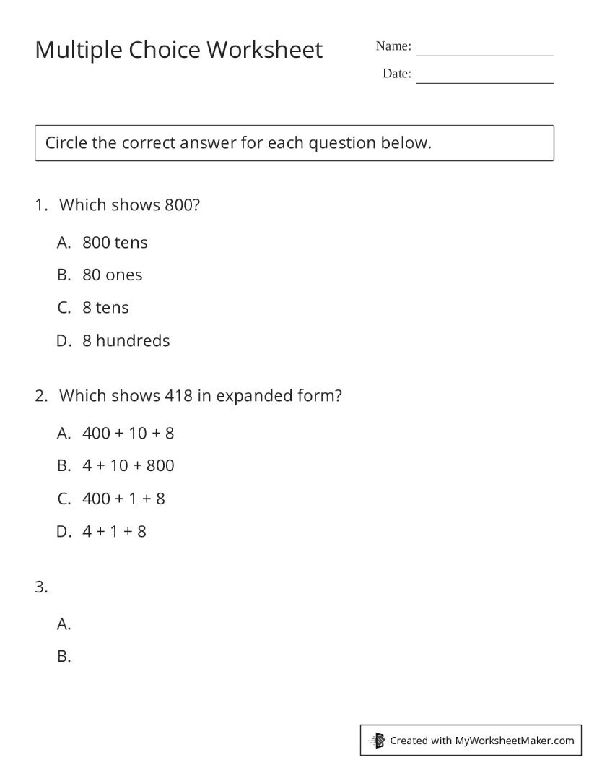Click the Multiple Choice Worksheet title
[x=179, y=50]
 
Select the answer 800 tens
[x=115, y=243]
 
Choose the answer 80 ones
[x=112, y=275]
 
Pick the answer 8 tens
[x=105, y=308]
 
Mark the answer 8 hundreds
[x=126, y=341]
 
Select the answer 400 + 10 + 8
[x=128, y=434]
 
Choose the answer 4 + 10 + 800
[x=128, y=466]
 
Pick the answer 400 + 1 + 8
[x=123, y=499]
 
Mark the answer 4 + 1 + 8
[x=114, y=532]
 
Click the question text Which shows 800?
[x=129, y=205]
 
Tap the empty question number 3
[x=41, y=587]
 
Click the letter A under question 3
[x=64, y=624]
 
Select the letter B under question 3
[x=64, y=657]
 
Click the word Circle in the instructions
[x=66, y=143]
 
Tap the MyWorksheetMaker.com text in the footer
[x=515, y=741]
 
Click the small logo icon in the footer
[x=377, y=741]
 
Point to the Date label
[x=396, y=74]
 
